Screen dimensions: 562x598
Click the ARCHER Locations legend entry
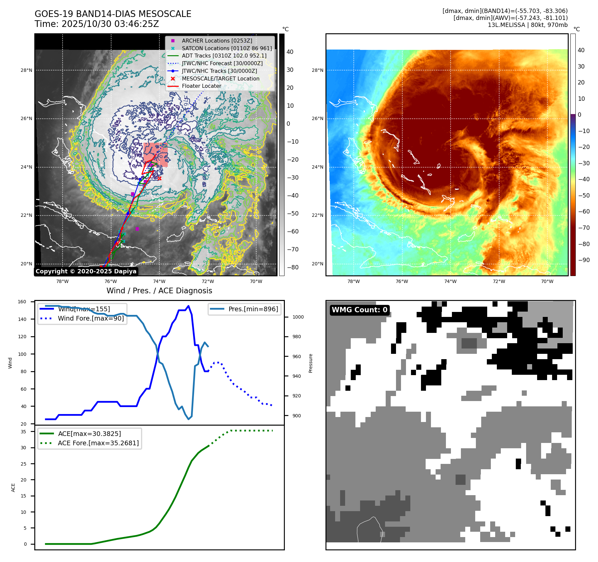217,41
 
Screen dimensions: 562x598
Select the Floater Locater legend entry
201,86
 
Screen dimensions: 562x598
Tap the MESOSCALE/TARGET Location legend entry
220,78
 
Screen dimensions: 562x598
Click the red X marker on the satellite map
160,179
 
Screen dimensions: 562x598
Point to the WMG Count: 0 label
359,310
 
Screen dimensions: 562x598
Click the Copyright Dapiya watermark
86,271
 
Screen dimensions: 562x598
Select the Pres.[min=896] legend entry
253,309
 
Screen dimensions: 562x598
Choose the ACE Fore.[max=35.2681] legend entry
98,443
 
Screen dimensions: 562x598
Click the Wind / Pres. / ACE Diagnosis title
159,291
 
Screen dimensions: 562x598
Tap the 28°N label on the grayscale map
27,70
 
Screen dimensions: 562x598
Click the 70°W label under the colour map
547,281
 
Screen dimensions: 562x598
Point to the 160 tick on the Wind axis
22,302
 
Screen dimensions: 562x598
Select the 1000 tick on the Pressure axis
298,317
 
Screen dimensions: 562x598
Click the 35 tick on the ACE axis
23,432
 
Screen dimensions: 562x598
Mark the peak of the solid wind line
188,306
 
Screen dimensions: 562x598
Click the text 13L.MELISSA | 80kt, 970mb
527,25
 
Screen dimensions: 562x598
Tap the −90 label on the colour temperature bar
584,260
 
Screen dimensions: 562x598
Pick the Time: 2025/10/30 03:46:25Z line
97,24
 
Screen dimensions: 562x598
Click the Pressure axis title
310,363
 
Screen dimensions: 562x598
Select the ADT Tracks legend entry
224,56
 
